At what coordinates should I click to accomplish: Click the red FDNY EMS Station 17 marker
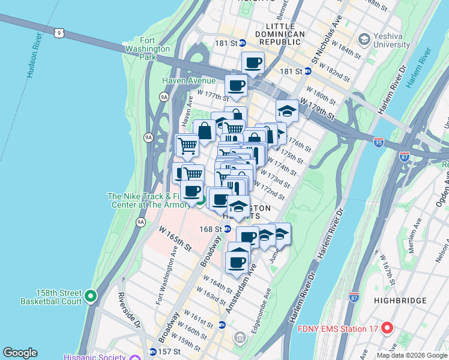pos(387,328)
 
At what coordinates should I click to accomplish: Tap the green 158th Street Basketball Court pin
pos(91,296)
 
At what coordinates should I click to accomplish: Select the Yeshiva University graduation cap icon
pos(364,40)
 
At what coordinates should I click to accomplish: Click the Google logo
pos(20,353)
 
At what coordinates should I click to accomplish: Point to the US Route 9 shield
pos(58,33)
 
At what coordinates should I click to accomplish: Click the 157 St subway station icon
pos(153,352)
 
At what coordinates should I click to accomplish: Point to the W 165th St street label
pos(175,238)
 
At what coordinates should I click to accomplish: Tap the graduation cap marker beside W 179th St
pos(287,112)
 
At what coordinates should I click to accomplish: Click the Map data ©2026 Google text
pos(411,355)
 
